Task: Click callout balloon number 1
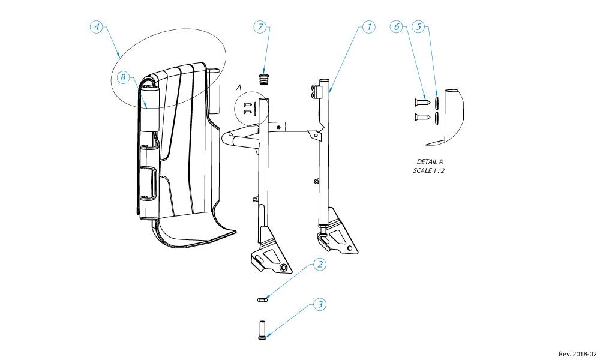click(x=368, y=27)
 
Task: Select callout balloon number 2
click(x=320, y=264)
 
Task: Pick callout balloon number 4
click(x=97, y=27)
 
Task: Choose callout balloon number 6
click(x=395, y=27)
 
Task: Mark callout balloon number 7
click(x=260, y=27)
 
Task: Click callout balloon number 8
click(x=122, y=77)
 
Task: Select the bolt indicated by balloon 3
click(x=262, y=329)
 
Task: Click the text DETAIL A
click(x=430, y=162)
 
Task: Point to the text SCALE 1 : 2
click(x=430, y=171)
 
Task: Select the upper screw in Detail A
click(x=422, y=101)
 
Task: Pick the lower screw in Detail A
click(x=422, y=116)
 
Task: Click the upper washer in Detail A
click(x=437, y=101)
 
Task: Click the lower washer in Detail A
click(x=437, y=116)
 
